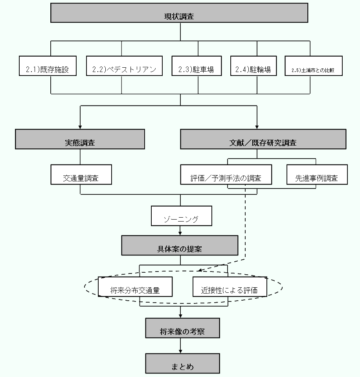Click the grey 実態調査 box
click(80, 139)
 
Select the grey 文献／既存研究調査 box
click(263, 139)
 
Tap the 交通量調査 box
click(81, 174)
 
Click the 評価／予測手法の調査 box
click(226, 174)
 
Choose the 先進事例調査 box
click(317, 174)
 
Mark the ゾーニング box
click(181, 216)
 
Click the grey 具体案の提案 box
click(180, 245)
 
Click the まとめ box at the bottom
click(182, 363)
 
